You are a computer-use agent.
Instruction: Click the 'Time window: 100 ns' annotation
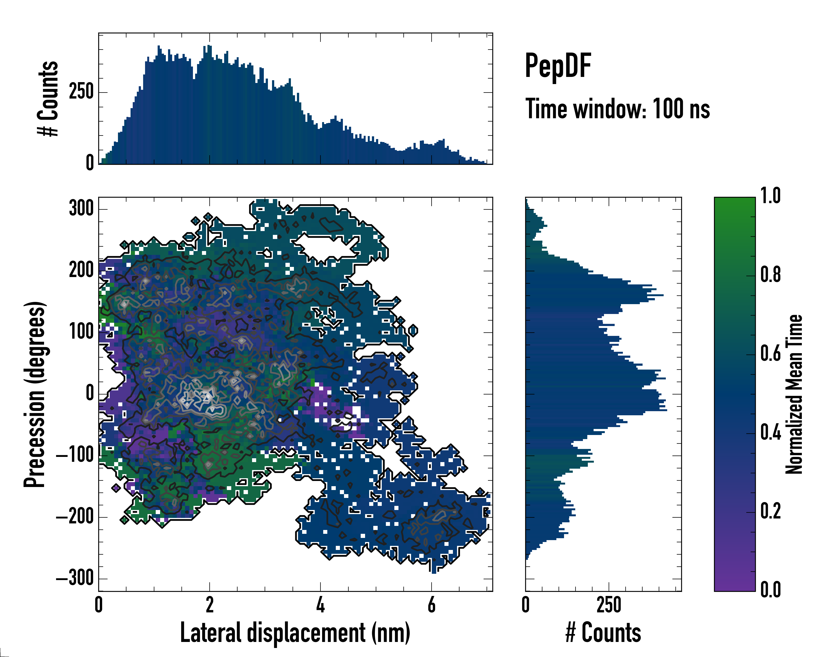coord(617,109)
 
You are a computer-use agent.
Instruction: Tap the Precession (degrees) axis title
coord(35,394)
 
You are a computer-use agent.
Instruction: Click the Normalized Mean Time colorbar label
coord(794,394)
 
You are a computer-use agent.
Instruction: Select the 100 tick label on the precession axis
coord(81,332)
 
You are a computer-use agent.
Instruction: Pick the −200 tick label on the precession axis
coord(75,517)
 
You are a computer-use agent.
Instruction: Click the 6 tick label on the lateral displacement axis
coord(432,605)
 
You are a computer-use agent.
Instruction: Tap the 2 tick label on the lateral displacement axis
coord(209,605)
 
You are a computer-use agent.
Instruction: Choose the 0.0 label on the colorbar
coord(770,590)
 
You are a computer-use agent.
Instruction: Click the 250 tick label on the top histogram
coord(81,92)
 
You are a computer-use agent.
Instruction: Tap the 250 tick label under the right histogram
coord(609,605)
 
